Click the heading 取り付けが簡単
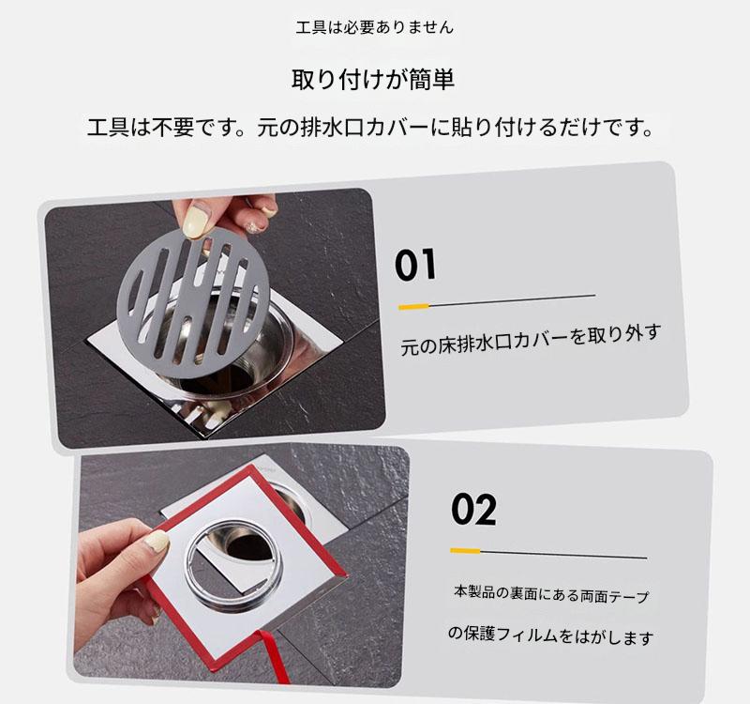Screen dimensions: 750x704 (372, 79)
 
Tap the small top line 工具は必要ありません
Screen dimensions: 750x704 (374, 27)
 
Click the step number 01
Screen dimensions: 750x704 (415, 265)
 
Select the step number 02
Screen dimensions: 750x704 (473, 510)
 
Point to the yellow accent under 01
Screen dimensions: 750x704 (414, 307)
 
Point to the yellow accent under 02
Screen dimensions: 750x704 (465, 551)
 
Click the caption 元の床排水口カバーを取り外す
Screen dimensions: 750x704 (531, 340)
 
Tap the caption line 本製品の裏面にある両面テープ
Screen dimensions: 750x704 (551, 594)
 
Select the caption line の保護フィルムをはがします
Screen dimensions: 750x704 (550, 635)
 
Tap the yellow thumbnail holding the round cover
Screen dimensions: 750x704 (196, 222)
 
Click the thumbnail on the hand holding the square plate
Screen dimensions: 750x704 (157, 542)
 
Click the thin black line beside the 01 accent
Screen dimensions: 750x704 (512, 299)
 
